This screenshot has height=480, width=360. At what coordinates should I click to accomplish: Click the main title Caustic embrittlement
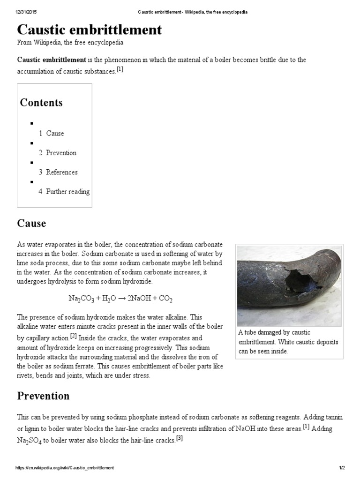click(x=90, y=30)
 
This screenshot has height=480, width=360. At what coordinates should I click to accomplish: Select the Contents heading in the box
click(x=41, y=103)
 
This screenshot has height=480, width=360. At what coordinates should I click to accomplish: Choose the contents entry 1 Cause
click(x=51, y=133)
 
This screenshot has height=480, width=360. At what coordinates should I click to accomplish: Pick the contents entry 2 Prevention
click(x=57, y=153)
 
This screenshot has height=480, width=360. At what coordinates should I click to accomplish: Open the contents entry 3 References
click(x=58, y=172)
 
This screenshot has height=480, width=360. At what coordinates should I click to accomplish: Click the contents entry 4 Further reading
click(x=64, y=192)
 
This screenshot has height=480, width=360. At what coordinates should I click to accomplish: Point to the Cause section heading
click(x=31, y=223)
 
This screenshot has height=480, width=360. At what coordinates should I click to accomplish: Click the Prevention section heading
click(x=43, y=396)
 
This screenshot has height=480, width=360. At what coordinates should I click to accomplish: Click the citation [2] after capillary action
click(x=73, y=336)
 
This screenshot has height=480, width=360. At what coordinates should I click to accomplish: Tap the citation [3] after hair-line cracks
click(x=179, y=439)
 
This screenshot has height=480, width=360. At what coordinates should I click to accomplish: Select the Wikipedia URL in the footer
click(x=65, y=468)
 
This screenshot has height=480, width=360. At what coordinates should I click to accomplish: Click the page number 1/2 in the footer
click(x=342, y=468)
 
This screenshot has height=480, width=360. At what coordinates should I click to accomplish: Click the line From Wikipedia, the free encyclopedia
click(x=70, y=42)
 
